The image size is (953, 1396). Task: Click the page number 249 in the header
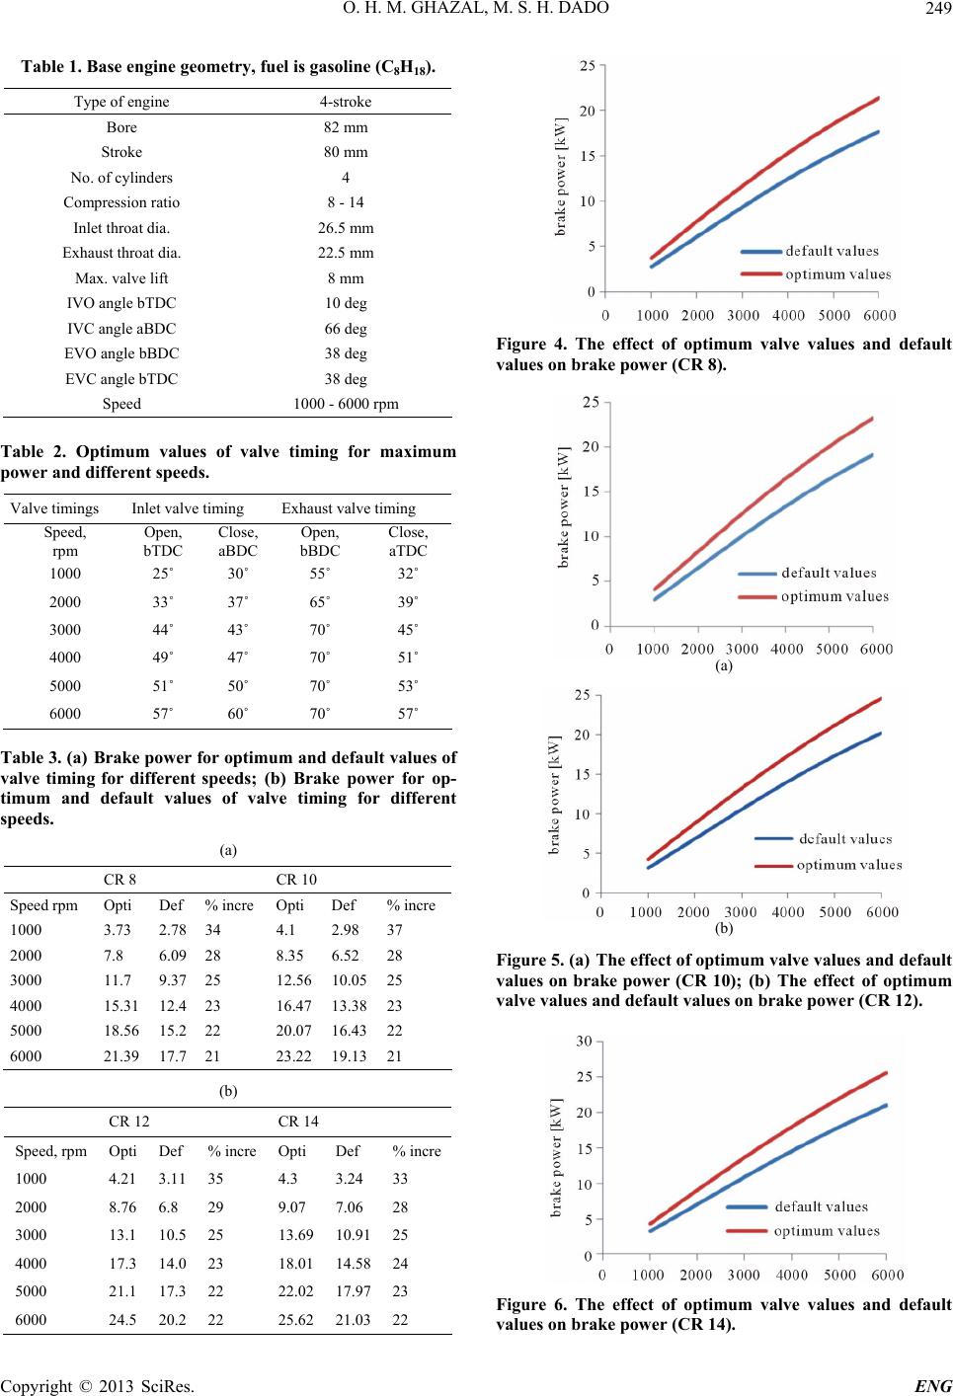[x=938, y=8]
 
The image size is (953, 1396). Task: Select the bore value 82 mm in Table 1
[x=346, y=127]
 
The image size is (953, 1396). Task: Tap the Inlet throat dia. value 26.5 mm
[x=346, y=228]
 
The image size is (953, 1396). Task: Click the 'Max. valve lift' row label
[x=121, y=278]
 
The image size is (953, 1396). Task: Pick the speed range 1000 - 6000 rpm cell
[x=346, y=404]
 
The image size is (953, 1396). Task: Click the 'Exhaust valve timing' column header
[x=349, y=508]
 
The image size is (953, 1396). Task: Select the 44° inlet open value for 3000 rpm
[x=163, y=630]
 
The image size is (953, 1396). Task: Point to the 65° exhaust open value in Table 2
[x=320, y=602]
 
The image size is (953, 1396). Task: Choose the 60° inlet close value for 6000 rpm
[x=237, y=714]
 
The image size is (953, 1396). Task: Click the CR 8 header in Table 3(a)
[x=119, y=880]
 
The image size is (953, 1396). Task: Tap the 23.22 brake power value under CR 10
[x=293, y=1055]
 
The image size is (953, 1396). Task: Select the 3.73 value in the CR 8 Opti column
[x=118, y=930]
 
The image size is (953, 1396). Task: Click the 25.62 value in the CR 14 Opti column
[x=295, y=1319]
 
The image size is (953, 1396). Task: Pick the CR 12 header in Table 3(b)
[x=129, y=1122]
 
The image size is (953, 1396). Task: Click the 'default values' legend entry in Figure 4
[x=810, y=251]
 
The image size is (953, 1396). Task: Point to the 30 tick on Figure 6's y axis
[x=584, y=1041]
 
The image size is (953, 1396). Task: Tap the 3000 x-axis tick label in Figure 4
[x=743, y=315]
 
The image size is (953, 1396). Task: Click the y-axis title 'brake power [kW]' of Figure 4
[x=561, y=177]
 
